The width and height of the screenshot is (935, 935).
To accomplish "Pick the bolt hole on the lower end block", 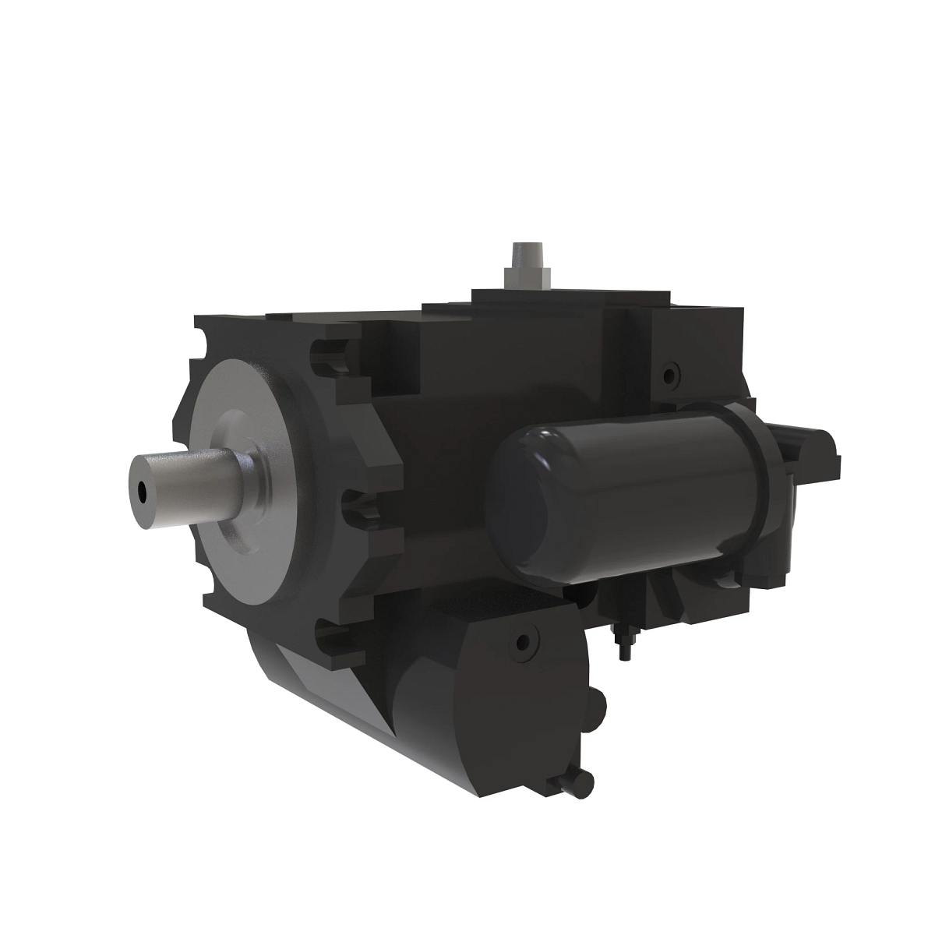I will click(x=522, y=644).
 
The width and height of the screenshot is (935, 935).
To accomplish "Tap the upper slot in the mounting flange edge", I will click(x=327, y=358).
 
